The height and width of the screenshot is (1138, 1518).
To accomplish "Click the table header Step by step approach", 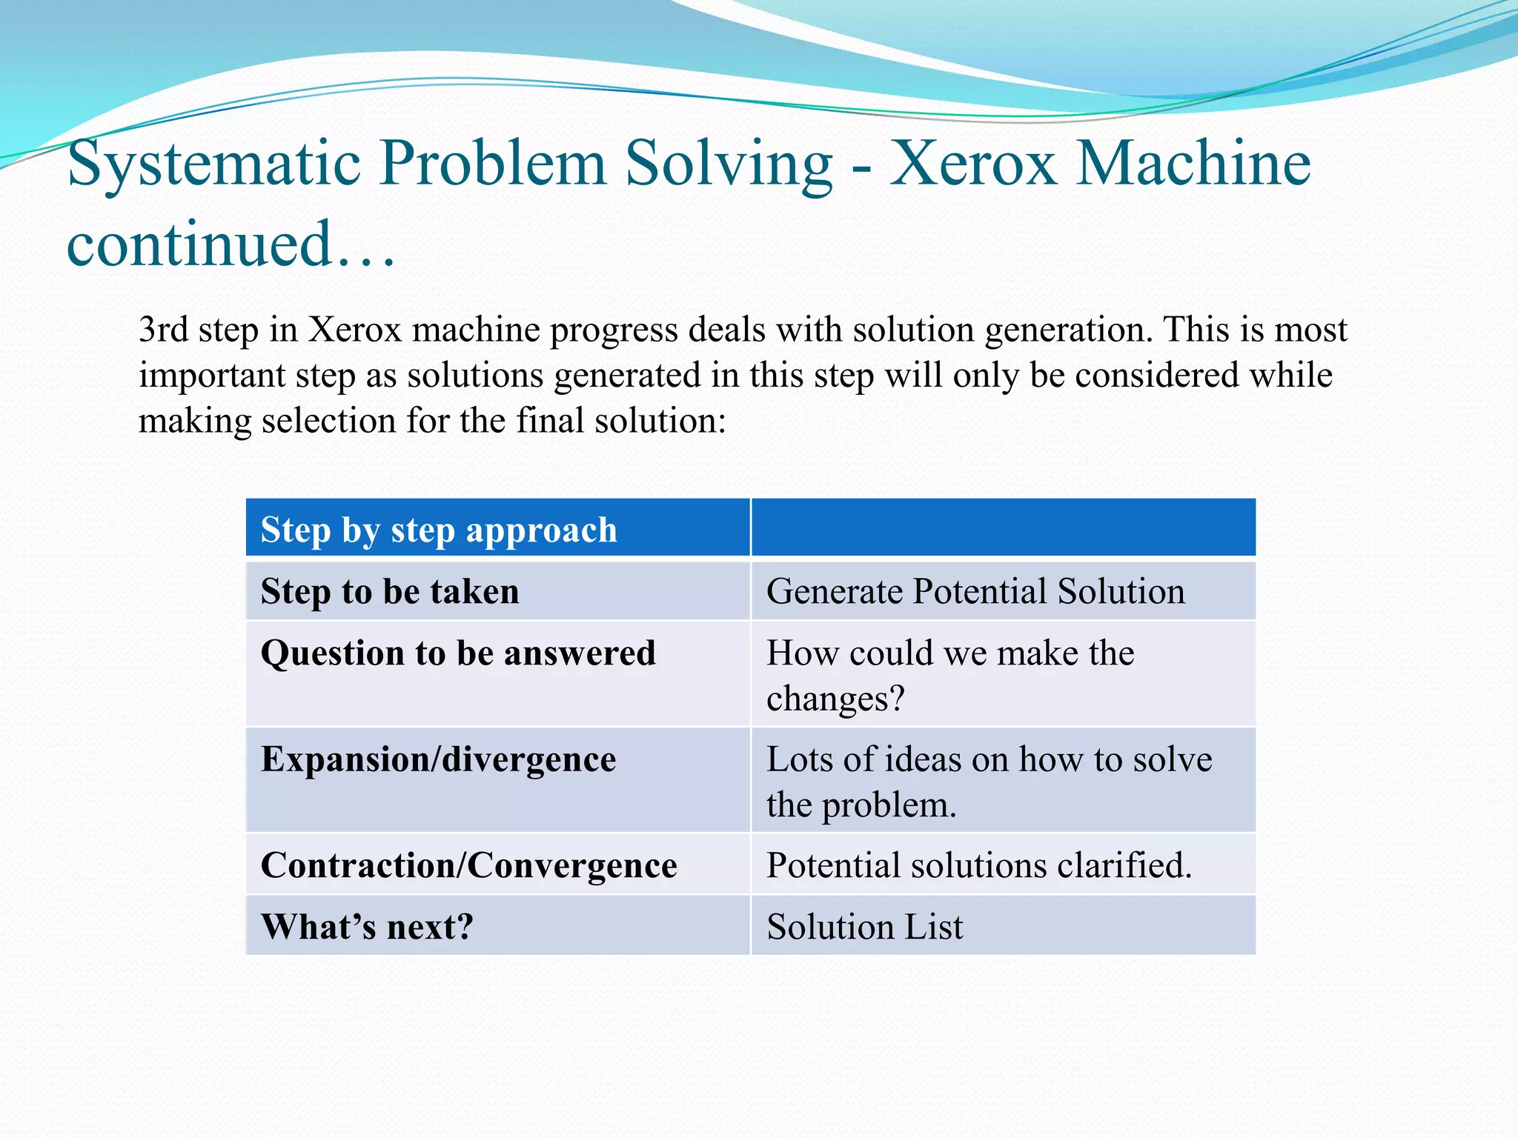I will pyautogui.click(x=439, y=530).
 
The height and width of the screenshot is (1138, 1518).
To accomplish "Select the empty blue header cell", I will pyautogui.click(x=1003, y=528).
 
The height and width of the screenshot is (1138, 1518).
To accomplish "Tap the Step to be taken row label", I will pyautogui.click(x=390, y=591).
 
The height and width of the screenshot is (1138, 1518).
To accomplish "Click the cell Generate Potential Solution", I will pyautogui.click(x=975, y=591).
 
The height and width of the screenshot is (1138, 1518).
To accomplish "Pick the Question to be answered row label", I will pyautogui.click(x=458, y=653).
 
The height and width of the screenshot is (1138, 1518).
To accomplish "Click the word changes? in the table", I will pyautogui.click(x=835, y=699).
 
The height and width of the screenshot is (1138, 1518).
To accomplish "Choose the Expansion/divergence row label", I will pyautogui.click(x=438, y=759).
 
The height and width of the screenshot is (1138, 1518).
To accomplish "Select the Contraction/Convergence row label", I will pyautogui.click(x=468, y=865).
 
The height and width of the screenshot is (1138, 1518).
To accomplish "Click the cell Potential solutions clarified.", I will pyautogui.click(x=978, y=865).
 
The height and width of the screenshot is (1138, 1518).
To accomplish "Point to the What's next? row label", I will pyautogui.click(x=367, y=927).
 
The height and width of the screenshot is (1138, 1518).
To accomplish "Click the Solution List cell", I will pyautogui.click(x=864, y=927).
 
